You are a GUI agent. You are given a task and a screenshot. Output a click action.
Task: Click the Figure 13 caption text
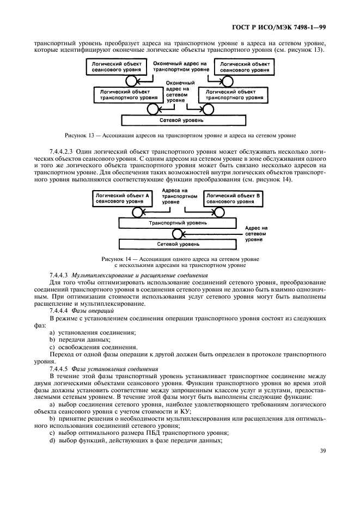(x=179, y=133)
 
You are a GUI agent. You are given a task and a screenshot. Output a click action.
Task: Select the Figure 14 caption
(x=180, y=262)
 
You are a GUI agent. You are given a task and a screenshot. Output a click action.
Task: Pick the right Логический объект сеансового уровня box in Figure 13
(x=243, y=67)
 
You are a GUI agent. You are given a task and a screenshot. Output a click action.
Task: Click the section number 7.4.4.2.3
(x=64, y=150)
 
